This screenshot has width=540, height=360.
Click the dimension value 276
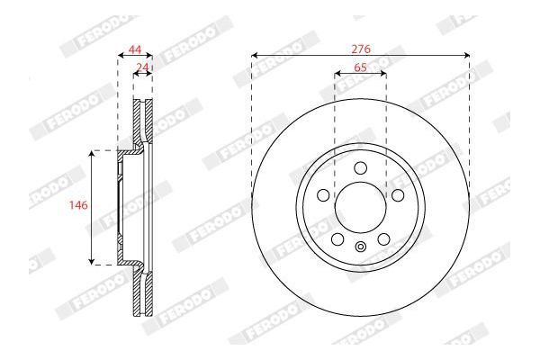[x=360, y=47]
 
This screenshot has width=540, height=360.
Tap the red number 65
[x=360, y=67]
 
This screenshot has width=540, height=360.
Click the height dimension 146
[x=78, y=206]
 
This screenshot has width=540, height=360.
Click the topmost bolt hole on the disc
[x=361, y=168]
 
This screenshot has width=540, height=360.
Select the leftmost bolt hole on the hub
[x=323, y=195]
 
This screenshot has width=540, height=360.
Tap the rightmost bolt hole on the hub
[x=398, y=195]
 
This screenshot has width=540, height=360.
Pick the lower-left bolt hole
[x=337, y=239]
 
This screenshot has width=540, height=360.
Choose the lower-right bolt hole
[x=383, y=239]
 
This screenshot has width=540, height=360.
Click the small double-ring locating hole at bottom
[x=361, y=249]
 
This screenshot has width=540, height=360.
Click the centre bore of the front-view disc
[x=361, y=208]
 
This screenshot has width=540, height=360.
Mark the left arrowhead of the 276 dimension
[x=255, y=56]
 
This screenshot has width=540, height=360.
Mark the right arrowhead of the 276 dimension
[x=467, y=56]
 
